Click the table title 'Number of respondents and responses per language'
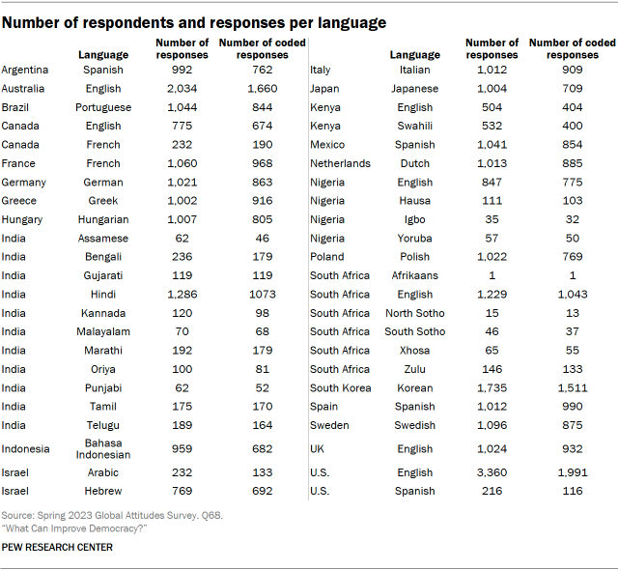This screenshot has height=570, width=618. (194, 22)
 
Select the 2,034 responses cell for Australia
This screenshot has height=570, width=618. (182, 88)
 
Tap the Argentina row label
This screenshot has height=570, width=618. (26, 70)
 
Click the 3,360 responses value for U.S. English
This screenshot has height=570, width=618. (492, 473)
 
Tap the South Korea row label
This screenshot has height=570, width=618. (341, 387)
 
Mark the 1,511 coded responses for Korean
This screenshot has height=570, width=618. (573, 387)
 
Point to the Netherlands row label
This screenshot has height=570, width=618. (340, 163)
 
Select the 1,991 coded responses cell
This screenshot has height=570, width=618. (573, 473)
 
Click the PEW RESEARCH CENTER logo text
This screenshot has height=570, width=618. (57, 547)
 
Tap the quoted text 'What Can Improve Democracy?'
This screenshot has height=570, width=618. (67, 528)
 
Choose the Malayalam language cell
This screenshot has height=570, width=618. (102, 331)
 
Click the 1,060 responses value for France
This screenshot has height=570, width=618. (182, 163)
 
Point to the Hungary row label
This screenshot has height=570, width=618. (23, 219)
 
